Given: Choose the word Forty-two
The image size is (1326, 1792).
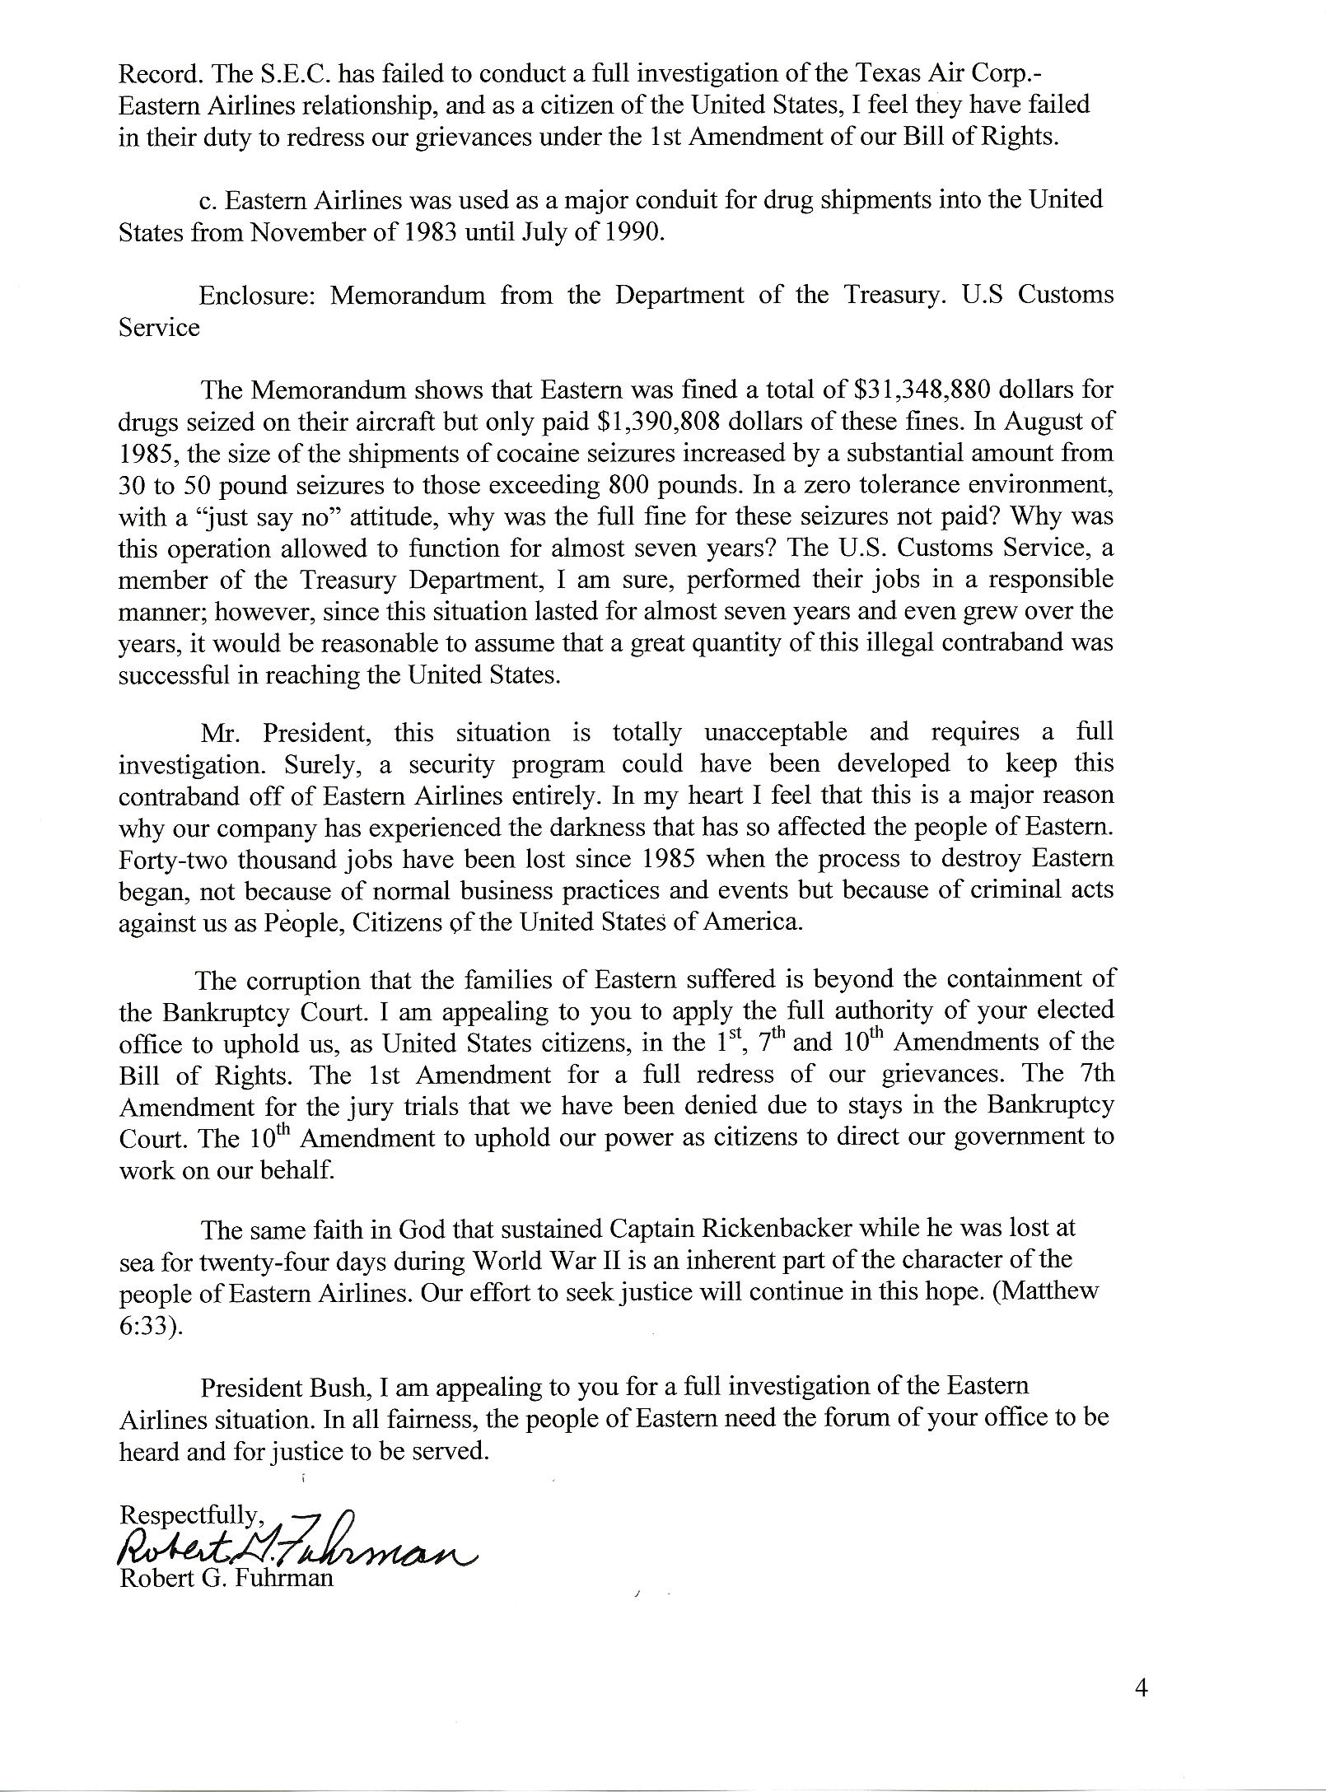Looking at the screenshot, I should (x=171, y=859).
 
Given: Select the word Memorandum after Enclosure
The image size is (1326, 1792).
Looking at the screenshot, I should (x=408, y=296).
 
